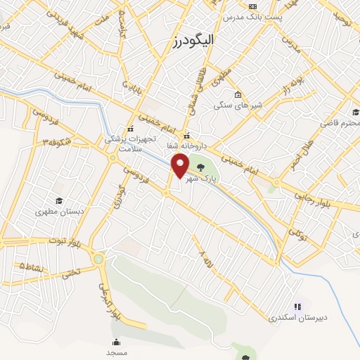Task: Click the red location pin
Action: click(181, 166)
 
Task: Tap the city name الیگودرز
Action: click(192, 42)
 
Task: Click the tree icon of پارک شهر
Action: click(202, 167)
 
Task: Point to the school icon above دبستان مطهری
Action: click(58, 201)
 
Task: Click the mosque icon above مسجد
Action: click(115, 342)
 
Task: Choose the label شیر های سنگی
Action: click(238, 106)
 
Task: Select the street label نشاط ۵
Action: click(32, 266)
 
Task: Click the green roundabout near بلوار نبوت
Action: click(98, 259)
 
